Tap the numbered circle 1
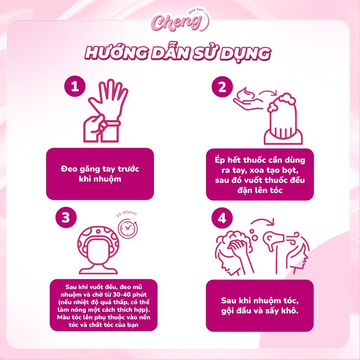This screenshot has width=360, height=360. click(x=75, y=86)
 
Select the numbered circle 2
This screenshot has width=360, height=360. click(x=222, y=87)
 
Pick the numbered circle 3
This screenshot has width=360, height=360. click(x=66, y=217)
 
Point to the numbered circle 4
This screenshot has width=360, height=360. click(x=222, y=218)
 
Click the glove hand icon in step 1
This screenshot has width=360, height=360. click(x=105, y=111)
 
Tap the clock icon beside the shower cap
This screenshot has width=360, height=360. click(x=128, y=228)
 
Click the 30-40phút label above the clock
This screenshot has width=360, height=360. click(x=127, y=214)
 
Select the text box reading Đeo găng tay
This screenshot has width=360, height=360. click(x=100, y=174)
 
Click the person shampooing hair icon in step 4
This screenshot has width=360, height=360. click(x=234, y=252)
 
